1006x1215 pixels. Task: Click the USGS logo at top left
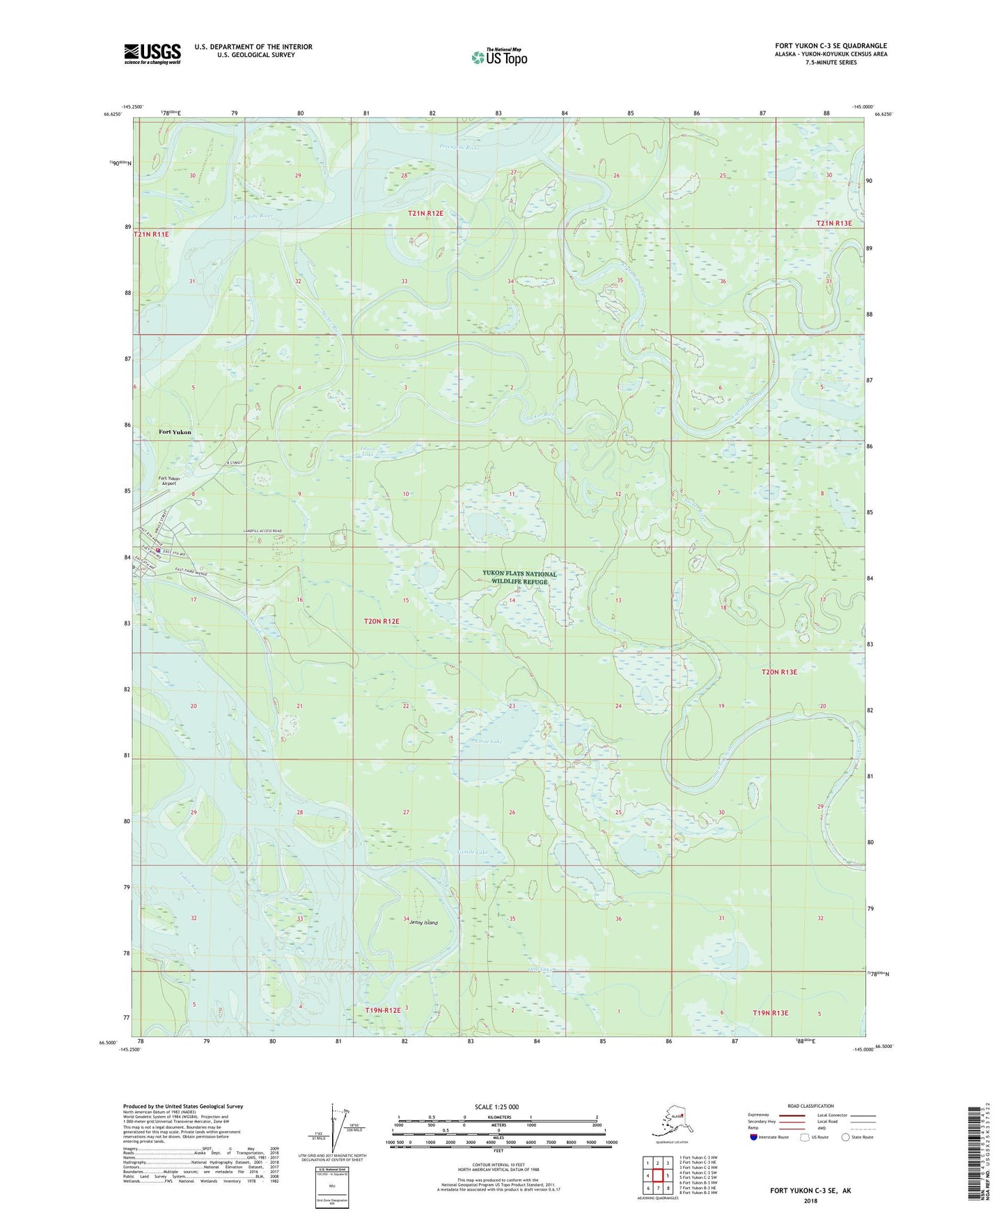[152, 54]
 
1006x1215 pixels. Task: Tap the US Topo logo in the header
[498, 57]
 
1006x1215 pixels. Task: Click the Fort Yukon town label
[175, 432]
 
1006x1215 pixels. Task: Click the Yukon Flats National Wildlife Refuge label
[519, 578]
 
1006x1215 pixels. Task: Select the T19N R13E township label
[771, 1012]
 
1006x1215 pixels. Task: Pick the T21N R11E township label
[151, 235]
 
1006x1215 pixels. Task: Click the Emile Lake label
[488, 742]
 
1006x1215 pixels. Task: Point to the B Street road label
[233, 463]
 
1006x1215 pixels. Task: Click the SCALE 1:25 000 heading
[496, 1106]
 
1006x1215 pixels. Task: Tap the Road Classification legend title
[810, 1106]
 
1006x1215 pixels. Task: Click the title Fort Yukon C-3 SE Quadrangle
[831, 46]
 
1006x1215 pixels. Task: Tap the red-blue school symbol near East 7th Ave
[158, 551]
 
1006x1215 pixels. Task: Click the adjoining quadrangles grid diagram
[657, 1177]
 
